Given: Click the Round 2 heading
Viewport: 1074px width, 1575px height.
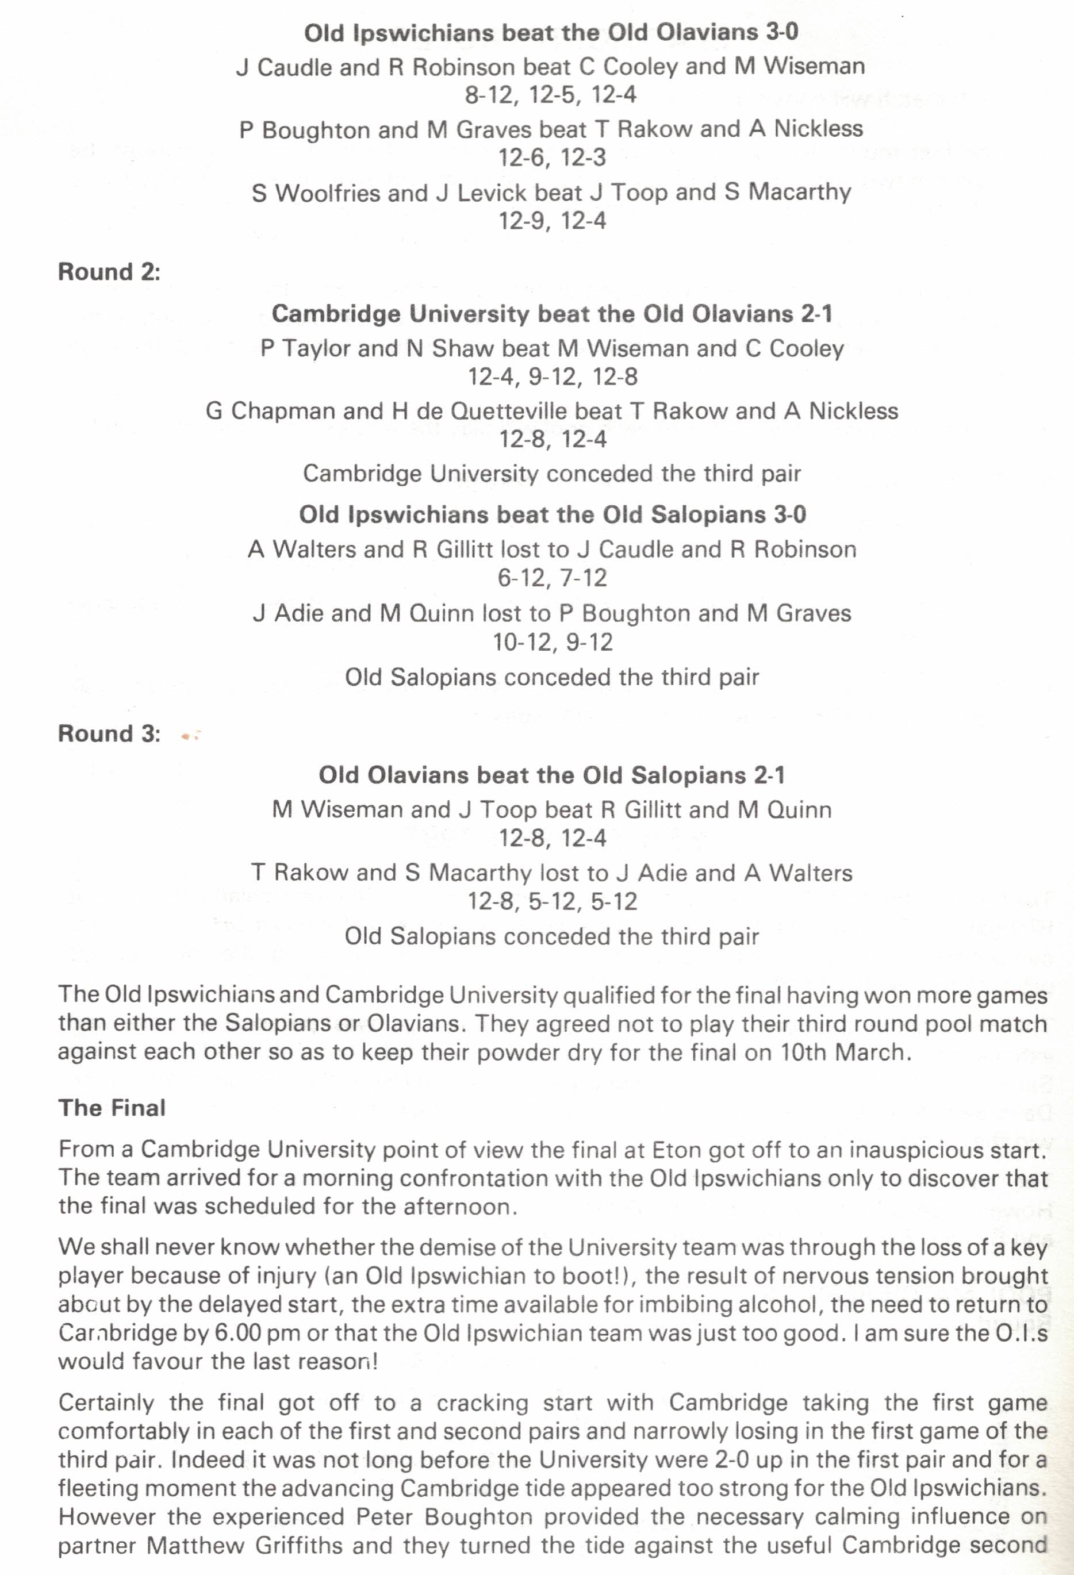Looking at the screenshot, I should click(x=109, y=272).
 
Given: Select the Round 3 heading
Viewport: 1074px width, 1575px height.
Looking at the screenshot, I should click(x=109, y=733).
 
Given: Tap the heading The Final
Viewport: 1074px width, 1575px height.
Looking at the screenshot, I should click(x=112, y=1107).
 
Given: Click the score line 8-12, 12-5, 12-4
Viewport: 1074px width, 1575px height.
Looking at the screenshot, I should click(x=551, y=95).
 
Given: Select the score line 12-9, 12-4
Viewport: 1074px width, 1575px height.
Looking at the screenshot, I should click(x=552, y=220).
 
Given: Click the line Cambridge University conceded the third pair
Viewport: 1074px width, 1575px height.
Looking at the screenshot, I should click(x=551, y=473).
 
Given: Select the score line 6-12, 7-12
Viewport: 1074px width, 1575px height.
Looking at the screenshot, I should click(x=552, y=578).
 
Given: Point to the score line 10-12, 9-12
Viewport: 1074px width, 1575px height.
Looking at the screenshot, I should click(x=552, y=642).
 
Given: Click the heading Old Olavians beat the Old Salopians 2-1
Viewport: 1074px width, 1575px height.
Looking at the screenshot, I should click(x=551, y=775).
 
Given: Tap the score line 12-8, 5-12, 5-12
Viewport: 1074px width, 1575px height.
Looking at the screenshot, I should click(x=552, y=901).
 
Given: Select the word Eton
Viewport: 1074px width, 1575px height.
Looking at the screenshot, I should click(x=677, y=1150).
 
